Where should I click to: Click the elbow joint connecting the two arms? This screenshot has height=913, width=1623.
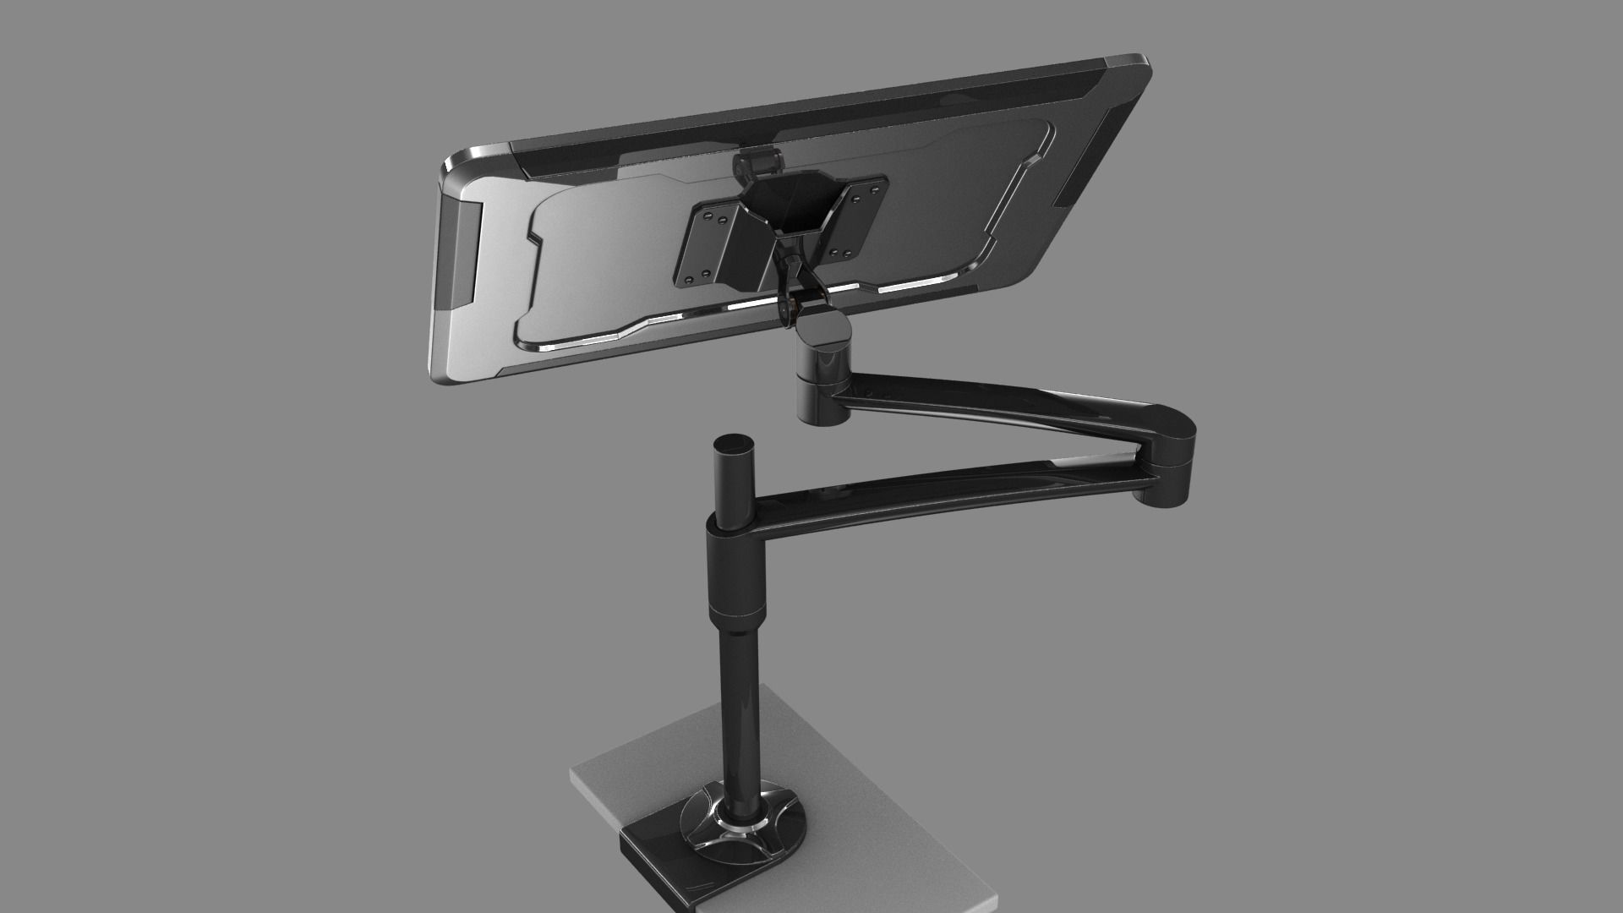click(1171, 448)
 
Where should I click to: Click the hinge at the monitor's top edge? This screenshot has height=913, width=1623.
click(757, 162)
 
